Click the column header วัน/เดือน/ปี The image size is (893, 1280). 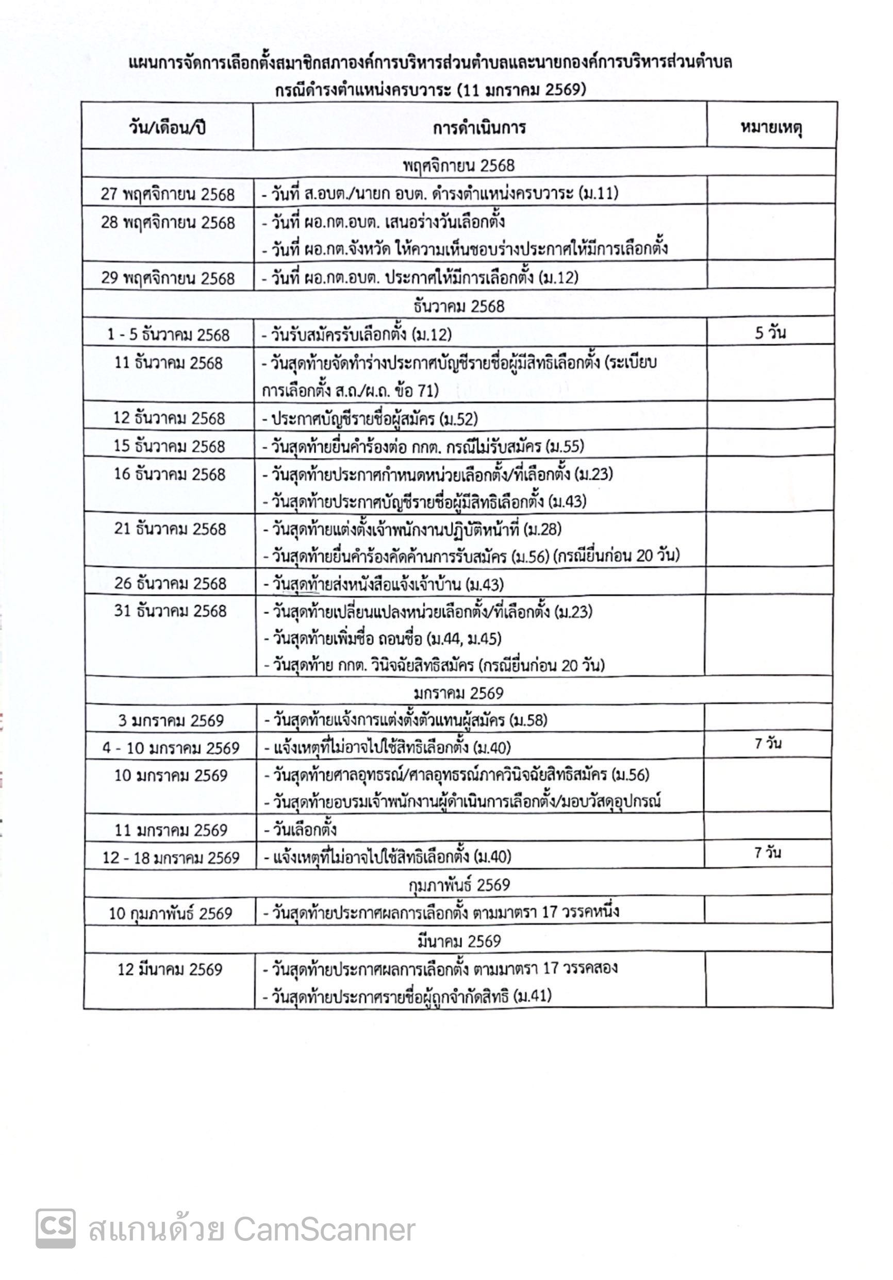pos(168,128)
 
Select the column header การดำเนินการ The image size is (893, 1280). pos(479,128)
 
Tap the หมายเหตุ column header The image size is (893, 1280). pos(771,128)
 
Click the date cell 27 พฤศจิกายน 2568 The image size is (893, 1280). pos(168,194)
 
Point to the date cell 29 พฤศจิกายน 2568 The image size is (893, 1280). pos(168,278)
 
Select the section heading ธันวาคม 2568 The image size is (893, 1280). pos(458,306)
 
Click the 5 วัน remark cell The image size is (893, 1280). pos(770,333)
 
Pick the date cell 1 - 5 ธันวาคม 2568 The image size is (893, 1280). pos(169,334)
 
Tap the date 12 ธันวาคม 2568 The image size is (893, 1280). pos(169,417)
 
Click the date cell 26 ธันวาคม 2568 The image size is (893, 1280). pos(170,583)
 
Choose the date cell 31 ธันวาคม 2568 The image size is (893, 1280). pos(170,611)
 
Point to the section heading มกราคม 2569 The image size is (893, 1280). pos(458,693)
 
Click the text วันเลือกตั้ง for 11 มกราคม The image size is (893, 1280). pos(305,830)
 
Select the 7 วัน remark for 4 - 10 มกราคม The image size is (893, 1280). pos(768,743)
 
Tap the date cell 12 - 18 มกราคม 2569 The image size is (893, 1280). pos(171,857)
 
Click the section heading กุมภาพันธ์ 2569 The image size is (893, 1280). pos(458,885)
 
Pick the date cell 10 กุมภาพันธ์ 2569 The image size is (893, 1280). pos(170,913)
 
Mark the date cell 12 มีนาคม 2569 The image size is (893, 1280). pos(170,969)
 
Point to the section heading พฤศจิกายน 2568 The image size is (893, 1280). pos(458,165)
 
